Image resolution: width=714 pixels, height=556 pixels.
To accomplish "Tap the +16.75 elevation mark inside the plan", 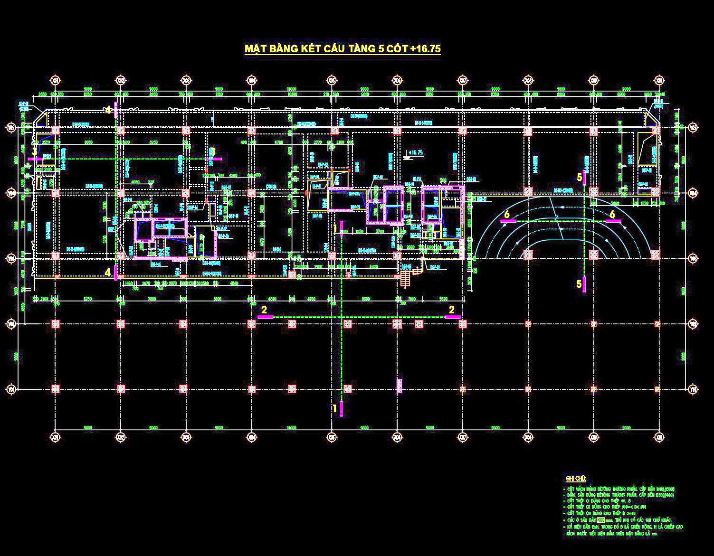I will click(415, 153).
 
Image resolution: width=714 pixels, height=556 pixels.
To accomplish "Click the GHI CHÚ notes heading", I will click(576, 478).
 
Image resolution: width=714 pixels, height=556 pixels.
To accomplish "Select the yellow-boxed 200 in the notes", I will click(601, 520).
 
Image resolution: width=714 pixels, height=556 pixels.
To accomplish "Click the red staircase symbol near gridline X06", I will click(405, 277).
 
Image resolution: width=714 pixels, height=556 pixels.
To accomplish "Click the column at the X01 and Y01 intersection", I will click(56, 389).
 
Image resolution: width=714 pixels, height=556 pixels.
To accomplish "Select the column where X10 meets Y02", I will click(657, 324).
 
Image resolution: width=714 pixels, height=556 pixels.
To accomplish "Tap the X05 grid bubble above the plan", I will click(331, 80).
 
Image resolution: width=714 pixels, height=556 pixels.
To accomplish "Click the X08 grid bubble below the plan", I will click(527, 437).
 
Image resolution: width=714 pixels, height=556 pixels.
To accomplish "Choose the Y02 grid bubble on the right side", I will click(694, 324).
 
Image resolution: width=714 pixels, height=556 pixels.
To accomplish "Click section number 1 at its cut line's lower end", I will click(335, 408).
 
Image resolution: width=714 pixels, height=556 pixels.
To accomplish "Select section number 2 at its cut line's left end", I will click(265, 309).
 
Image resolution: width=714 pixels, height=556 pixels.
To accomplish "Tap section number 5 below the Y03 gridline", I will click(579, 284).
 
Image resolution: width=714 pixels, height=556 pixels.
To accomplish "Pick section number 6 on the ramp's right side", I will click(612, 214).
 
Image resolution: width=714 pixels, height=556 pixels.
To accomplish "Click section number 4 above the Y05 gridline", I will click(108, 110).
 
